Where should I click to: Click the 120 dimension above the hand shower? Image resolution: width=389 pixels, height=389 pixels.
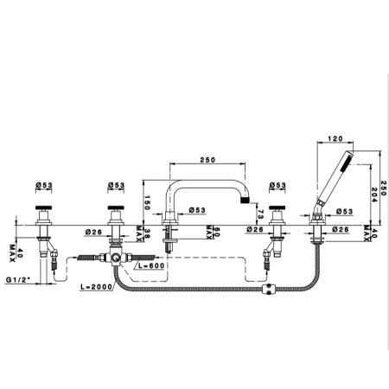pos(335,138)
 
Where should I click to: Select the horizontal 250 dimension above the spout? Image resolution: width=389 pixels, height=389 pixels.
pos(207,160)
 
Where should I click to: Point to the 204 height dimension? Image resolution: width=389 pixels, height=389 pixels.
pos(374,194)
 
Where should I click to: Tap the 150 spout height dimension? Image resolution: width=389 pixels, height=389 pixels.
pos(147,202)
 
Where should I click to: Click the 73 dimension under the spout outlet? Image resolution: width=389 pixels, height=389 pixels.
pos(260,214)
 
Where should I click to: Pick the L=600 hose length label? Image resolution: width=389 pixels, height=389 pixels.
pos(151,265)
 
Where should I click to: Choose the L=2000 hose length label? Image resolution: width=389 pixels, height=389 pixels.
pos(96,287)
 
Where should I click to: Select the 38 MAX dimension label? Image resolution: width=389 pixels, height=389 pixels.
pos(143,233)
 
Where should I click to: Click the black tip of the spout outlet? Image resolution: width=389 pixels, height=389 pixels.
pos(245,200)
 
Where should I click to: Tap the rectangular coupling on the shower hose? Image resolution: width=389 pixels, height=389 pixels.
pos(268,290)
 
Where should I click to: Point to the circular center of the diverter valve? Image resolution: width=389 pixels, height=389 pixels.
pos(116,258)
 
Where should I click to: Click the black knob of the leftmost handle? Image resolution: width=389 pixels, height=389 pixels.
pos(44,207)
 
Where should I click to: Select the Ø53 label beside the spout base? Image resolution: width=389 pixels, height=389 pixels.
pos(197,210)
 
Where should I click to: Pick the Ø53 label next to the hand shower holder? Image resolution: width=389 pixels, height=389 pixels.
pos(345,212)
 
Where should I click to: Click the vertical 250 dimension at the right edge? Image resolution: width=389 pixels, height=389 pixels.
pos(384,188)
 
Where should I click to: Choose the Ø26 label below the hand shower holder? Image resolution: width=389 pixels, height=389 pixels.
pos(341,229)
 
